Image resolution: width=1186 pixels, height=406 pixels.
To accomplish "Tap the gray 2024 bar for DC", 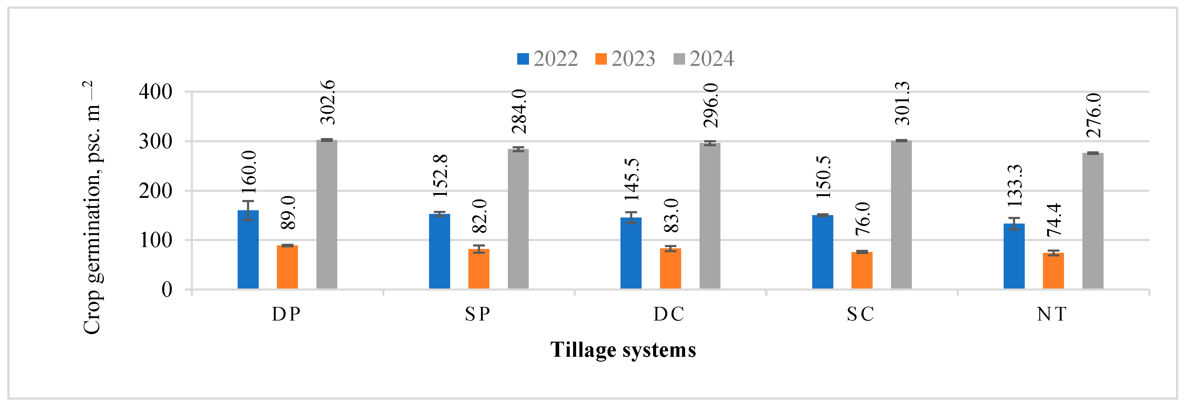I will point(710,217).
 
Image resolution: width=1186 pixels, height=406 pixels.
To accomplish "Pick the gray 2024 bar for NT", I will point(1092,221).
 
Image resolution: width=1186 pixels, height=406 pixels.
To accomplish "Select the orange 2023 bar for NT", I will point(1053,272).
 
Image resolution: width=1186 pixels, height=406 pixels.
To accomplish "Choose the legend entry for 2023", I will point(625,59).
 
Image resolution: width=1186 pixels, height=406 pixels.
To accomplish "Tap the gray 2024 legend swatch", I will point(679,59).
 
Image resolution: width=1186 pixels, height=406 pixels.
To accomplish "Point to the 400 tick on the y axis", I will point(155,92).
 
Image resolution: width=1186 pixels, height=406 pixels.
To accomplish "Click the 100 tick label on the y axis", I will point(155,240).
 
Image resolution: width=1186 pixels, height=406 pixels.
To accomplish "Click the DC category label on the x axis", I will point(669,314).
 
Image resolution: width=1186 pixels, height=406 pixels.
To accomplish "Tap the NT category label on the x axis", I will point(1052,314).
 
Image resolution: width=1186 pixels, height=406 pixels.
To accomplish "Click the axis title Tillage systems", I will point(623,350).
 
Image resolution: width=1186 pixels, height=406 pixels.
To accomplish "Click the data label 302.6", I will point(328,102).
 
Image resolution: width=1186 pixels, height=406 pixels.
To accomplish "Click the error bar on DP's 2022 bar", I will point(248,210).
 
